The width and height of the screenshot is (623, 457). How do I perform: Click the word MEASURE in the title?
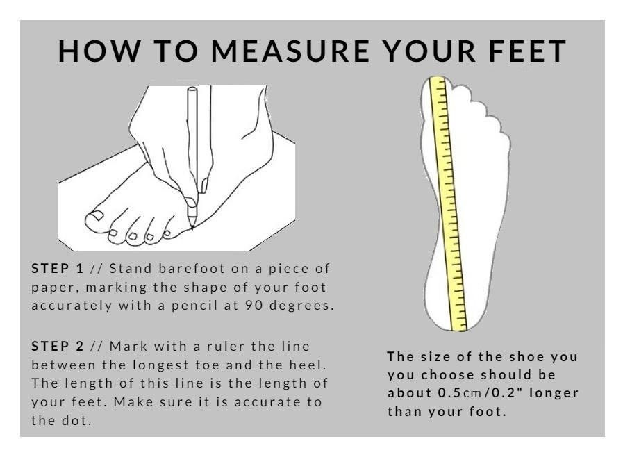[x=290, y=51]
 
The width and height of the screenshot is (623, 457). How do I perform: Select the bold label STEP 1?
[x=58, y=268]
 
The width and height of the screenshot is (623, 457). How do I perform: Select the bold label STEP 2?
[x=58, y=346]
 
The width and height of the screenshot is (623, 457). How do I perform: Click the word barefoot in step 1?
[x=192, y=268]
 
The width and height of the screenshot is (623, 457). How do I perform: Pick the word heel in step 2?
[x=308, y=365]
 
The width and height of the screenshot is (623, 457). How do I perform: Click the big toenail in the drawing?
[x=96, y=215]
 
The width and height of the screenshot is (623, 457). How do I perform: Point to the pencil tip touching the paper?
[x=192, y=228]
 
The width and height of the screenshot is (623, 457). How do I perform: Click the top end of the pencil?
[x=192, y=89]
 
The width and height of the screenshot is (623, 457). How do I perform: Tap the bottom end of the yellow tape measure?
[x=459, y=329]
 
